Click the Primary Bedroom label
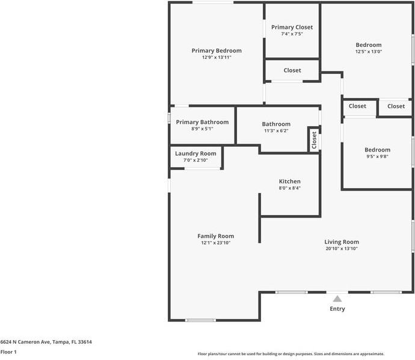217,50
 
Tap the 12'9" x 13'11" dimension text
217,57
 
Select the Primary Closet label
292,27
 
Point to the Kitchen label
289,181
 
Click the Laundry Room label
195,153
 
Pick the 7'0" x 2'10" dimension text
195,160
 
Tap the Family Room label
215,236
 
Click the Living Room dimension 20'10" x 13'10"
342,248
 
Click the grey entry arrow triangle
337,299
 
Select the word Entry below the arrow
337,309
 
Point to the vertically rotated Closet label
314,140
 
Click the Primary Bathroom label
202,122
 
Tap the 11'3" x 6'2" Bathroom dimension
276,130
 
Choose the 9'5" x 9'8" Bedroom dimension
377,156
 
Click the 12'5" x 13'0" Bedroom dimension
369,51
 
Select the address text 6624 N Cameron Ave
25,342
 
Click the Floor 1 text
8,352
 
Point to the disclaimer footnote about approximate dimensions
291,353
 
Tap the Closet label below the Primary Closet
292,70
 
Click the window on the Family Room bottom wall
200,320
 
